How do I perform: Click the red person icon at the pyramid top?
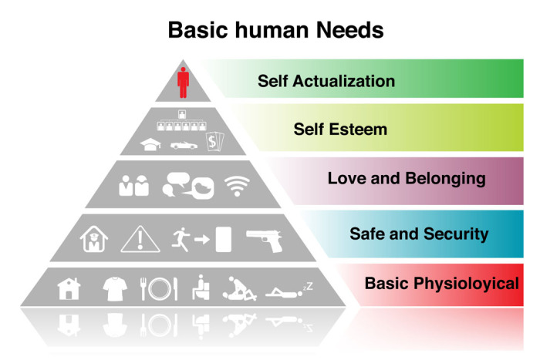tap(183, 82)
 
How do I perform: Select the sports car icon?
tap(183, 144)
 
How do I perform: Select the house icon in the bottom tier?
tap(69, 288)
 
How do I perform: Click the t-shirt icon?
tap(113, 288)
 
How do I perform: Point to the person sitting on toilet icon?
tap(201, 288)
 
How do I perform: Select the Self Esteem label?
tap(340, 129)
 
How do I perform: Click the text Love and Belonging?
tap(407, 179)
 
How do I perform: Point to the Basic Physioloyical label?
tap(441, 284)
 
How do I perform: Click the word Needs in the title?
tap(340, 31)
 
